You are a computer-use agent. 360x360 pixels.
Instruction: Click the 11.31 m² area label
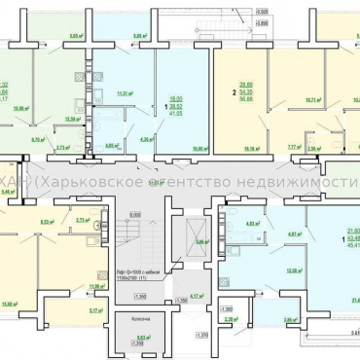tap(125, 94)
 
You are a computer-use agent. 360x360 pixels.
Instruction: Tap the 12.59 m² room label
tap(72, 118)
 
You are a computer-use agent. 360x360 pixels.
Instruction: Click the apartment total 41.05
tap(177, 114)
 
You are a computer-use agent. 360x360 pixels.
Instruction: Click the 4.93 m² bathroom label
tap(251, 223)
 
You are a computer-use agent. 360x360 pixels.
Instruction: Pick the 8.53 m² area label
tap(48, 222)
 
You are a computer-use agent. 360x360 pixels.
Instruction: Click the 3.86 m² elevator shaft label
tap(200, 241)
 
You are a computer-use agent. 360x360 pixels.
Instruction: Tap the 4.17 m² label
tap(196, 296)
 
